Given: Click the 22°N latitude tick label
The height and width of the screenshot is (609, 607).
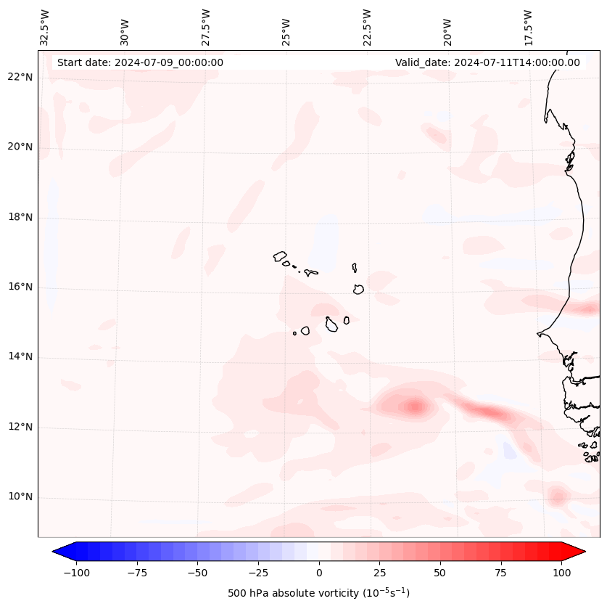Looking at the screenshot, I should [x=20, y=78].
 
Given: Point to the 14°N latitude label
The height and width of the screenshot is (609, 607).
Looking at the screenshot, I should [x=20, y=357].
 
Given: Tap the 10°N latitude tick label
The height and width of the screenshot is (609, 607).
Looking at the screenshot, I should [x=20, y=497].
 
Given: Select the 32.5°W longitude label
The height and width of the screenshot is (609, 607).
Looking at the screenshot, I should [x=45, y=28].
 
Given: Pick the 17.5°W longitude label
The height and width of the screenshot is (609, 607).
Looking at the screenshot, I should [x=528, y=28].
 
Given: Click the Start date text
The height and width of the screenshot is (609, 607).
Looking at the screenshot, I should [x=140, y=62].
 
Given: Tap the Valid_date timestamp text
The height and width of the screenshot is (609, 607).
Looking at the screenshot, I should [x=487, y=62].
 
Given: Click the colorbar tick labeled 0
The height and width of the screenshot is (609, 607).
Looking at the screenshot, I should [x=318, y=573].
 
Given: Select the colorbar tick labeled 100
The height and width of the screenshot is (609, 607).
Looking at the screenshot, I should [x=561, y=573].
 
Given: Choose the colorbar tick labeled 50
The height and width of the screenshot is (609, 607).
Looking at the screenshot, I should [x=439, y=573].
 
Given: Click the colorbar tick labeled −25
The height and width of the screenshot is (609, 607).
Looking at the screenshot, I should [x=258, y=573].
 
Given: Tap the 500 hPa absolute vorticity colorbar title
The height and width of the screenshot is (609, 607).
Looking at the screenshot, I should [x=318, y=593].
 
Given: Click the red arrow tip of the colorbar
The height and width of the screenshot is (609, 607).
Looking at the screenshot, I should [x=578, y=552].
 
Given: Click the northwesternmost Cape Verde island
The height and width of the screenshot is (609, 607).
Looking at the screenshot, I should [x=280, y=256].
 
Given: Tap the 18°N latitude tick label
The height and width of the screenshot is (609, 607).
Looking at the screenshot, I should [x=20, y=217].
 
